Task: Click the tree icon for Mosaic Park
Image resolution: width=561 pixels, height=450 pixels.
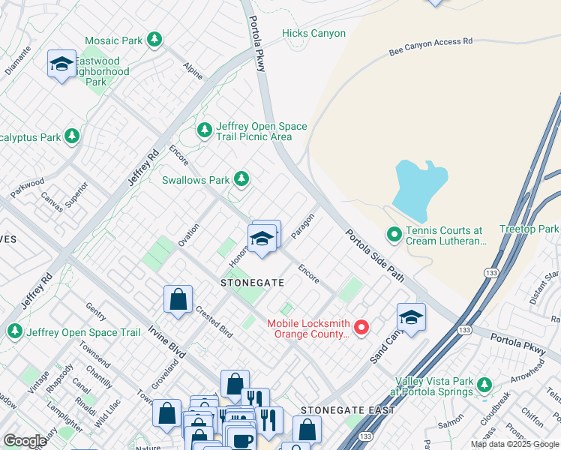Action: (x=154, y=39)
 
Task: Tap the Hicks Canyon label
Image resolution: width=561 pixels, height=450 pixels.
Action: (x=313, y=33)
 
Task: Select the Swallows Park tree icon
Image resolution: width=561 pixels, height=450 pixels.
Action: (x=241, y=179)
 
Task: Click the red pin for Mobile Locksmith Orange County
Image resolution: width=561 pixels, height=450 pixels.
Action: (x=361, y=327)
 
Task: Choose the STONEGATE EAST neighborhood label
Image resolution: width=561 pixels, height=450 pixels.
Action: (x=343, y=410)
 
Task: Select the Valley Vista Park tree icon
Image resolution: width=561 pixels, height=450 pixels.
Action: (x=484, y=385)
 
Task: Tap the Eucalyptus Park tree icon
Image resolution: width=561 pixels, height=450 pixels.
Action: (x=72, y=136)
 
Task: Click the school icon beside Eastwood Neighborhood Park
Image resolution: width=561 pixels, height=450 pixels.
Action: (x=61, y=64)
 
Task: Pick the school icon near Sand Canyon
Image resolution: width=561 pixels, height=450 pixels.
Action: (x=411, y=318)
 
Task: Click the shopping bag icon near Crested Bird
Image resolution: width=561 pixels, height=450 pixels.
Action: (x=178, y=299)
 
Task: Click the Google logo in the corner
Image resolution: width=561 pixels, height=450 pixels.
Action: (x=25, y=441)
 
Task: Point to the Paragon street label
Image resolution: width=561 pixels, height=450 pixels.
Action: (x=301, y=226)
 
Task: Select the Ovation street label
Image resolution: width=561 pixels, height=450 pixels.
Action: (x=188, y=235)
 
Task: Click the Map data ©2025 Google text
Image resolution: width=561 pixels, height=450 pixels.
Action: (x=514, y=444)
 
